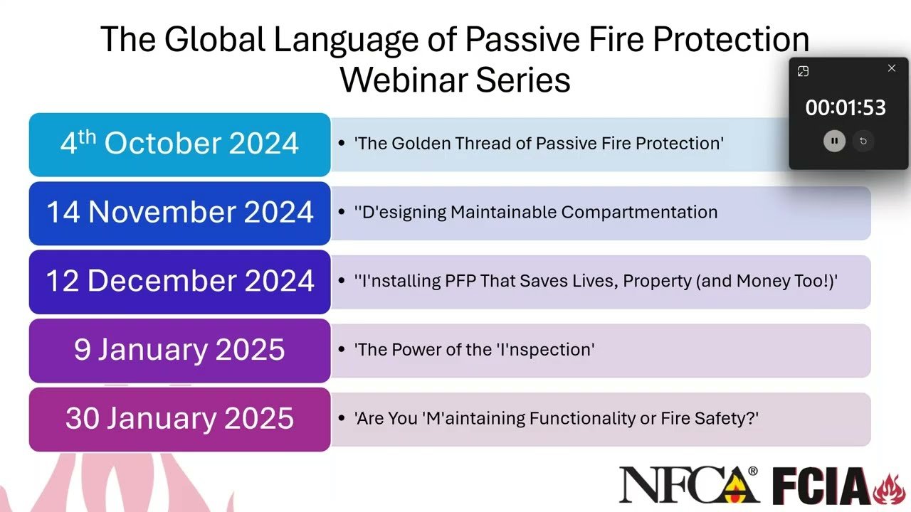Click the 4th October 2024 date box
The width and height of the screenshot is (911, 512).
point(179,144)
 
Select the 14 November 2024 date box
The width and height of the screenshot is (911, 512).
point(179,213)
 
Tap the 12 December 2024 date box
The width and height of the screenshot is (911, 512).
point(179,282)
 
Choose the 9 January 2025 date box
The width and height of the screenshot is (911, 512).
point(179,350)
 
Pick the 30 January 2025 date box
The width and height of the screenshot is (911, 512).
point(179,419)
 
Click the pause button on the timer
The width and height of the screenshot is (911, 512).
point(834,141)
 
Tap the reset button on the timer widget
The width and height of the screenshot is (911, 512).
point(863,141)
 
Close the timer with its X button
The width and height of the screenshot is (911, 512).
point(892,68)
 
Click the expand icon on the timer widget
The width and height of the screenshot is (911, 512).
point(804,71)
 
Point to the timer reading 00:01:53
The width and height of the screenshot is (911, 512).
point(846,108)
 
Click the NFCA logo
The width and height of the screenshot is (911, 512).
point(688,485)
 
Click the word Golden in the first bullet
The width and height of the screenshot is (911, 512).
point(421,144)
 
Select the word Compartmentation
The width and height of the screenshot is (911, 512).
point(639,212)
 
